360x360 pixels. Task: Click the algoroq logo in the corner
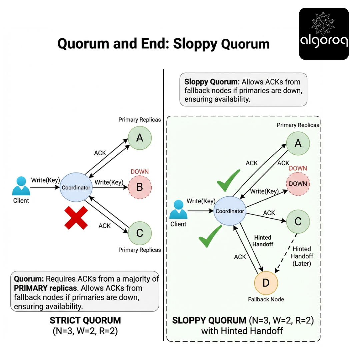pyautogui.click(x=324, y=34)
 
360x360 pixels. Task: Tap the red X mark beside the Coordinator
pyautogui.click(x=76, y=218)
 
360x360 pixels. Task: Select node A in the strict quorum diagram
pyautogui.click(x=140, y=138)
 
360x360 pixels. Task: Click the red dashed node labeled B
pyautogui.click(x=140, y=187)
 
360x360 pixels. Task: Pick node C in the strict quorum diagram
pyautogui.click(x=140, y=233)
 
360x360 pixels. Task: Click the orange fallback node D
pyautogui.click(x=266, y=283)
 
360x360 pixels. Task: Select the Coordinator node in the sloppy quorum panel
pyautogui.click(x=230, y=211)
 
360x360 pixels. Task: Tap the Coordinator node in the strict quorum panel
pyautogui.click(x=76, y=187)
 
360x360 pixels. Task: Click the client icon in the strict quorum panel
pyautogui.click(x=21, y=187)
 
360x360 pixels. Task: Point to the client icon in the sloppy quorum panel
pyautogui.click(x=178, y=210)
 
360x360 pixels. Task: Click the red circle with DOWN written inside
pyautogui.click(x=298, y=184)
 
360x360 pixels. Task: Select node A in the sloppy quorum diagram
pyautogui.click(x=298, y=143)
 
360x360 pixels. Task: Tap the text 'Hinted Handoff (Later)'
pyautogui.click(x=301, y=256)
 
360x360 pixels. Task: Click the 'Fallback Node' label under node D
pyautogui.click(x=266, y=299)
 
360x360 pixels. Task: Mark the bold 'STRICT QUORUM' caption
pyautogui.click(x=85, y=321)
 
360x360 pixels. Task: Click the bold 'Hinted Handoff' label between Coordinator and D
pyautogui.click(x=263, y=241)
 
